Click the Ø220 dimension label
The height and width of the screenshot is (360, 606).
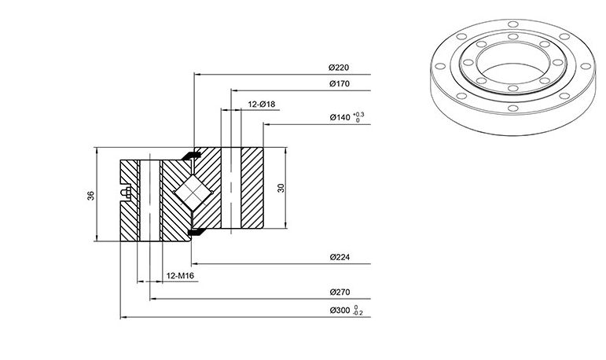tap(339, 68)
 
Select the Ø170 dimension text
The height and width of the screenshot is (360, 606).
tap(340, 83)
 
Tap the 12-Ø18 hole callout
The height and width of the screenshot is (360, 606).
tap(262, 105)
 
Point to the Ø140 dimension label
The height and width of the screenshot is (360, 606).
tap(340, 117)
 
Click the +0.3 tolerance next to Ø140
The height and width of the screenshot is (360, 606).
tap(358, 115)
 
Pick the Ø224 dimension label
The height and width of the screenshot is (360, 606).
tap(340, 257)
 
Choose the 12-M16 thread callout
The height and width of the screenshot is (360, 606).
tap(180, 276)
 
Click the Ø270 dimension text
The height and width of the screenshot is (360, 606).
tap(340, 292)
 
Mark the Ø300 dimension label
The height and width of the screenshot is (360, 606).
tap(340, 310)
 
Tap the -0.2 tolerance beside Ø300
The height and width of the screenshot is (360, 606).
tap(358, 313)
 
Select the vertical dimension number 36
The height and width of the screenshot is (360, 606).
tap(91, 196)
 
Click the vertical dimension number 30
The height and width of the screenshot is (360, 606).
tap(281, 188)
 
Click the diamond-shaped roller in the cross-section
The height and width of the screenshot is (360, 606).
tap(193, 192)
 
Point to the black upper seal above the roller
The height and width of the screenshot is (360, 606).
tap(191, 156)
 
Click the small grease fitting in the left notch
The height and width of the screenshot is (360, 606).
tap(126, 192)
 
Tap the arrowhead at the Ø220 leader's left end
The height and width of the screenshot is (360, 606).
tap(196, 74)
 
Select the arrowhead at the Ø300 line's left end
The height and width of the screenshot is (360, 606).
tap(123, 317)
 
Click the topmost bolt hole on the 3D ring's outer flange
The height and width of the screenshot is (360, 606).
tap(512, 24)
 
